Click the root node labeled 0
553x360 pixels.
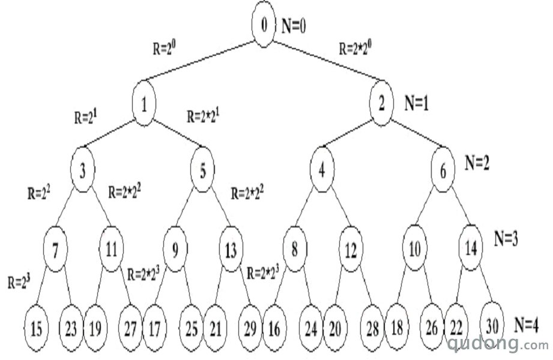tap(264, 24)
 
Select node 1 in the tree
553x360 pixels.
tap(144, 103)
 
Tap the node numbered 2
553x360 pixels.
tap(381, 103)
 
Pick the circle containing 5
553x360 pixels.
tap(202, 170)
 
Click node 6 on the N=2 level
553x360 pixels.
tap(443, 170)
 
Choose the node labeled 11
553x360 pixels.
tap(112, 249)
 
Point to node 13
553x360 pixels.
tap(231, 249)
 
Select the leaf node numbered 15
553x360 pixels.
tap(36, 329)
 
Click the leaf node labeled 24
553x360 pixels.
tap(310, 329)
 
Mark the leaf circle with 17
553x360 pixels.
tap(155, 329)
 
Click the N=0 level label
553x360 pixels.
tap(294, 26)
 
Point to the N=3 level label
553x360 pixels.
tap(506, 239)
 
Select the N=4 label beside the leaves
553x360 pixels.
tap(526, 325)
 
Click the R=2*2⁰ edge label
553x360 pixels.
tap(355, 47)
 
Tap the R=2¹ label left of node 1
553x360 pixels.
tap(86, 117)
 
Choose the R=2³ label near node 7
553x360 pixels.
tap(19, 282)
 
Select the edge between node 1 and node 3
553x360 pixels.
tap(110, 133)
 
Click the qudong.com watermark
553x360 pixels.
tap(498, 343)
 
